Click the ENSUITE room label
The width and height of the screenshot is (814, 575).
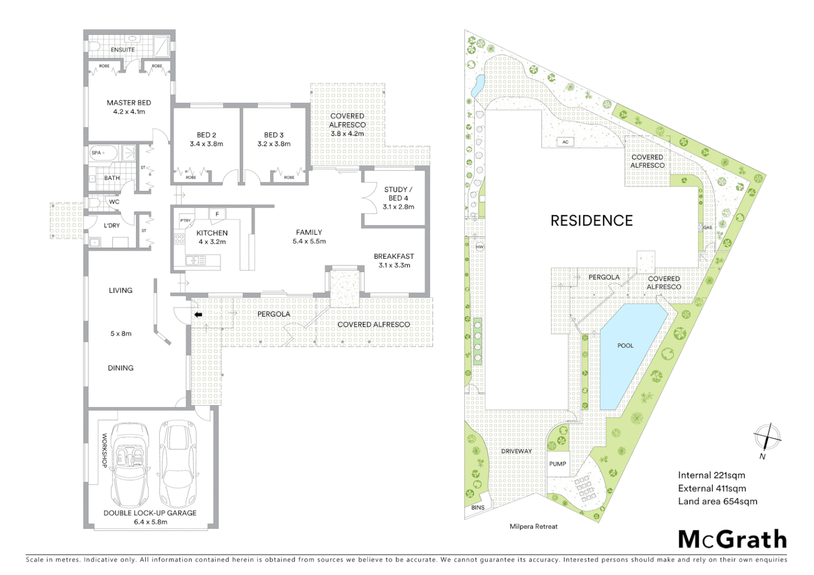tap(123, 50)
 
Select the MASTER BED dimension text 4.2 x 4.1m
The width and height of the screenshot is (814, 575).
tap(129, 112)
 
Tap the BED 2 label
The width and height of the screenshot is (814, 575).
tap(206, 135)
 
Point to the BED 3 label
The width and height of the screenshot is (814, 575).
tap(274, 135)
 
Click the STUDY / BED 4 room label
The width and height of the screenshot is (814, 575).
tap(398, 194)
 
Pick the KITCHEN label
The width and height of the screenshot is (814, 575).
tap(211, 233)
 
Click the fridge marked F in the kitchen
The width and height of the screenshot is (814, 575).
tap(217, 214)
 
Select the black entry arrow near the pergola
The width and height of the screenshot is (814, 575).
tap(198, 315)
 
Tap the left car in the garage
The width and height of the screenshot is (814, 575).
tap(129, 464)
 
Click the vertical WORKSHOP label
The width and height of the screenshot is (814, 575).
tap(104, 450)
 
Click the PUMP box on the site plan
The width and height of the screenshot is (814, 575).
tap(558, 464)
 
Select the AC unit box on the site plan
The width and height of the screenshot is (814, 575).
tap(565, 142)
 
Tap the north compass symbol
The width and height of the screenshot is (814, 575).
tap(767, 438)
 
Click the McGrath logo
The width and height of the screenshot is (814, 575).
tap(732, 539)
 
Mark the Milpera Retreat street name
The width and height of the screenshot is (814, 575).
tap(533, 527)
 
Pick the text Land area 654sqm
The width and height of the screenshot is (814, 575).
tap(717, 501)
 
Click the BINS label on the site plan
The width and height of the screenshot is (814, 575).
tap(478, 507)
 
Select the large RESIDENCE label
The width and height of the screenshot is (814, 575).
tap(591, 220)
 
